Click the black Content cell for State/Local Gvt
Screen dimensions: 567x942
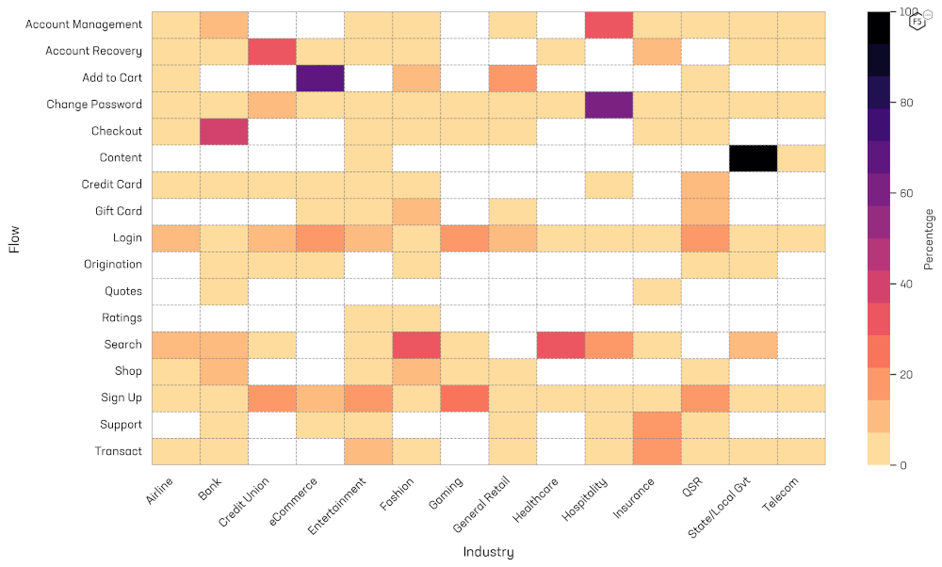(x=753, y=158)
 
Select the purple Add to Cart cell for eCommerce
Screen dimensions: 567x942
(x=319, y=78)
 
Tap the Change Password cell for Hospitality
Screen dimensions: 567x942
(x=609, y=105)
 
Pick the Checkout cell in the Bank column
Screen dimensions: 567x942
(x=223, y=131)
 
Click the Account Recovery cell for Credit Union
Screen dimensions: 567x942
(x=271, y=51)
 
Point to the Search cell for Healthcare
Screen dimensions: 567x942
(x=560, y=345)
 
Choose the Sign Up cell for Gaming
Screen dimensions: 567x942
(x=464, y=397)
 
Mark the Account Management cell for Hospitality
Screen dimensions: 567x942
(x=609, y=24)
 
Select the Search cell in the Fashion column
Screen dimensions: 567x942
(x=416, y=345)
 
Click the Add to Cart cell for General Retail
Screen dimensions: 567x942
(x=512, y=78)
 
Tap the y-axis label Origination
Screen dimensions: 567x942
(x=113, y=265)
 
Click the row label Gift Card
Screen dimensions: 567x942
(x=119, y=211)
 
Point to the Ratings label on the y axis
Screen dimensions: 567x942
(x=122, y=318)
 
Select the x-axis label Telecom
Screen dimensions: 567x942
(x=781, y=492)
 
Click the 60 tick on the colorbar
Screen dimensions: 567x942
(x=909, y=193)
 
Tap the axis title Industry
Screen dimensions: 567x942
(x=488, y=552)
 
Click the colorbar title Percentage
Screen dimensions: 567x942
(x=929, y=239)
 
